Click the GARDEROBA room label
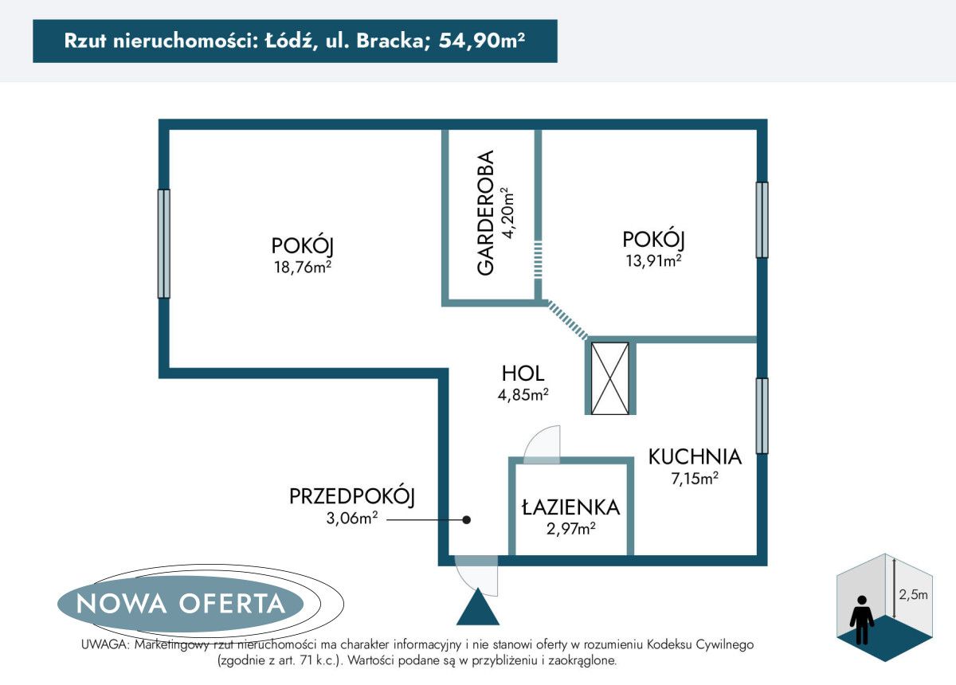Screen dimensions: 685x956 click(486, 213)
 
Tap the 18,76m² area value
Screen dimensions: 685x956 click(301, 268)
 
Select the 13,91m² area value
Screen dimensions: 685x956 click(653, 260)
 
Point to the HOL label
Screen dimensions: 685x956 click(523, 373)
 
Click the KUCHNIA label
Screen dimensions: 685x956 click(695, 457)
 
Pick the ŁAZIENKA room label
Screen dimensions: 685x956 click(570, 507)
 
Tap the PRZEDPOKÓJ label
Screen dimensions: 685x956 click(352, 497)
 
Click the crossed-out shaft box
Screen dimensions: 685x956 click(612, 378)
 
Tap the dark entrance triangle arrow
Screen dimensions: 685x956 click(478, 609)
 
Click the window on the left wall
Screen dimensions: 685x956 click(163, 243)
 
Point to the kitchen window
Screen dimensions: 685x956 click(762, 416)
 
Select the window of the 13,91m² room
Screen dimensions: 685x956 click(762, 220)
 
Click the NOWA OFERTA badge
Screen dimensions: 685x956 click(181, 603)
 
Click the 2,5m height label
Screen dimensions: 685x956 click(912, 594)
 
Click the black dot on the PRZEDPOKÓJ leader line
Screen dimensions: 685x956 click(468, 519)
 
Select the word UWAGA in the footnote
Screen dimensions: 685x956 click(104, 644)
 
